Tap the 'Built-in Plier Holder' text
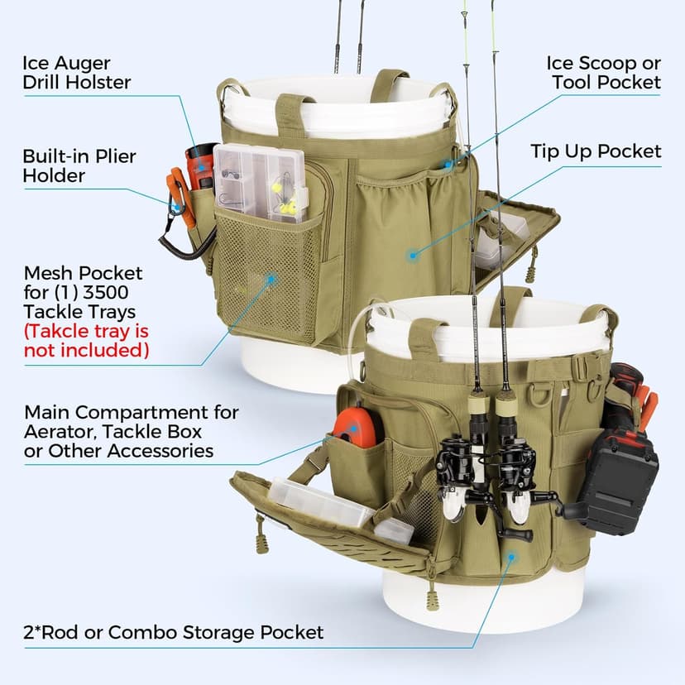click(79, 165)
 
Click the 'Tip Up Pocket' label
click(596, 151)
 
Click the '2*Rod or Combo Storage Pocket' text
click(174, 633)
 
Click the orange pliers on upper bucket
click(181, 196)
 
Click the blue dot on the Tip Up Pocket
click(412, 256)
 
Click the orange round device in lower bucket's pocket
click(358, 426)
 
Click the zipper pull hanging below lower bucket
click(431, 596)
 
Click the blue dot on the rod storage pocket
click(511, 556)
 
